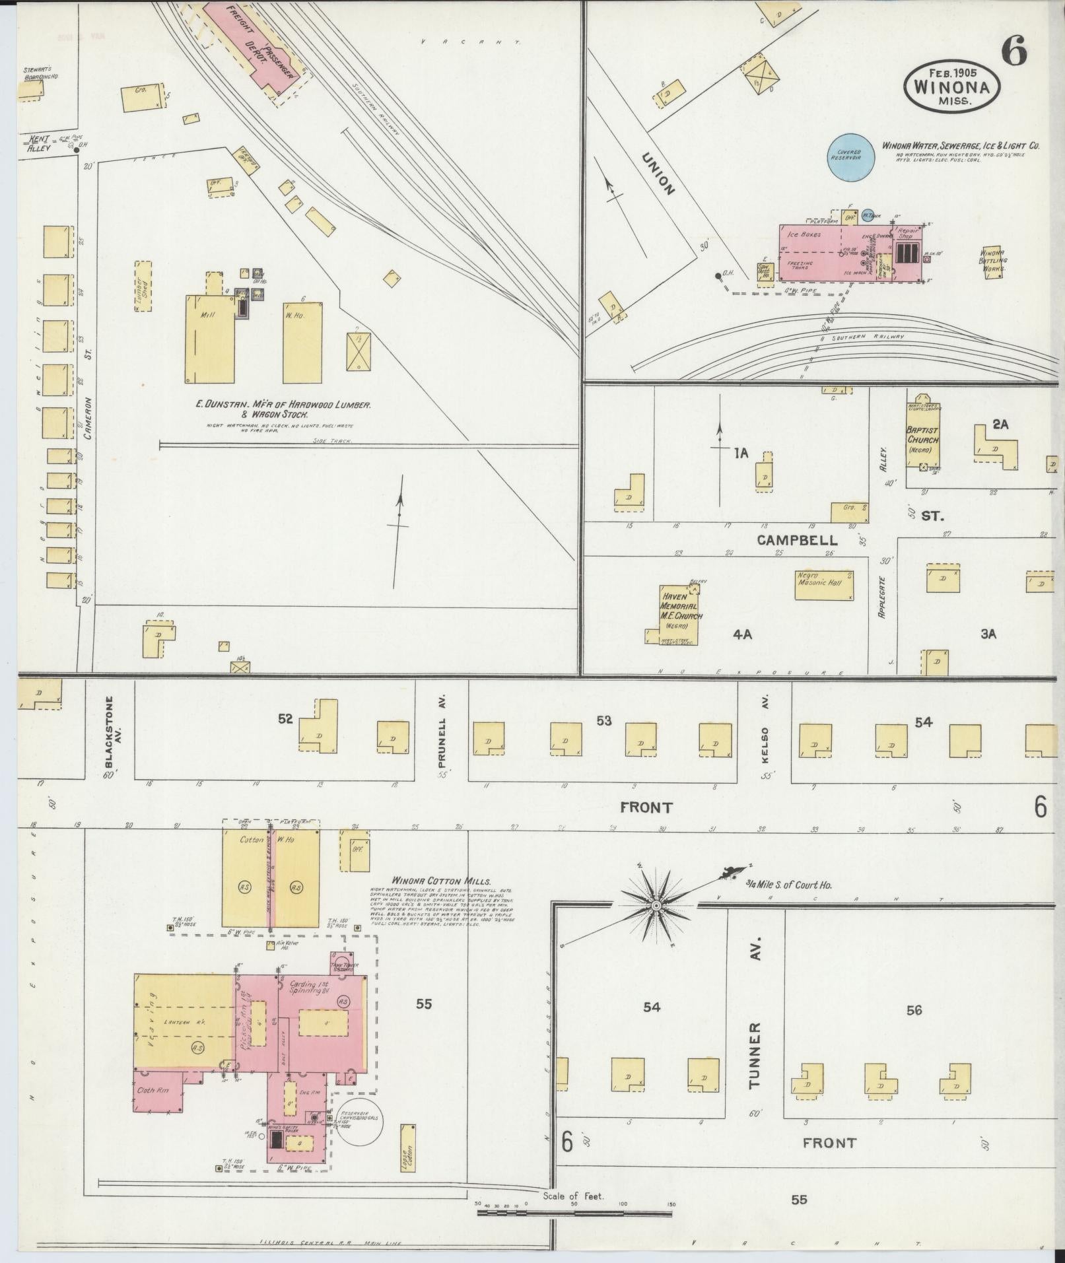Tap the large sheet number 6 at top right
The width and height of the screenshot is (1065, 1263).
(1013, 50)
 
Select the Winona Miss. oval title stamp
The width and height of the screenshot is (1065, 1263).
(951, 86)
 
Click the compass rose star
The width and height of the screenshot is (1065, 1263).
(656, 906)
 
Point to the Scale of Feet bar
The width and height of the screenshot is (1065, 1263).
(574, 1213)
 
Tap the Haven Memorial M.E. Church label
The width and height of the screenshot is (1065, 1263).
(682, 610)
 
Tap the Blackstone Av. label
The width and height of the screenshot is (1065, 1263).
(110, 732)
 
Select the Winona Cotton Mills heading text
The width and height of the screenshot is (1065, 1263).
(441, 881)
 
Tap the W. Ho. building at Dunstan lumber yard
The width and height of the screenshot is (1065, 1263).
(303, 343)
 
